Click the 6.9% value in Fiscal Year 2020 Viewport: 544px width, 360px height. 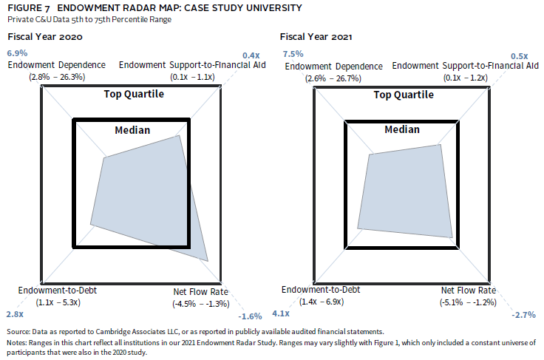tap(17, 53)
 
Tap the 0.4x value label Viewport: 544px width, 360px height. tap(251, 55)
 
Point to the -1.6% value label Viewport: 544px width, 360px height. tap(251, 316)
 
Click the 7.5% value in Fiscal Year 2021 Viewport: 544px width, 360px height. tap(293, 53)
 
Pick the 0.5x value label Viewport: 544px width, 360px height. tap(520, 56)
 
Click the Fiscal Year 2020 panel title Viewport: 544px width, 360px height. tap(44, 36)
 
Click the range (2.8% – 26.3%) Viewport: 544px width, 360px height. tap(57, 76)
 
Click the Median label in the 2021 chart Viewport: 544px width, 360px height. tap(402, 129)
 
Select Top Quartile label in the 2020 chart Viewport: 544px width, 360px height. tap(133, 94)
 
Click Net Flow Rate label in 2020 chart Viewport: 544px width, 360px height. tap(200, 291)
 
